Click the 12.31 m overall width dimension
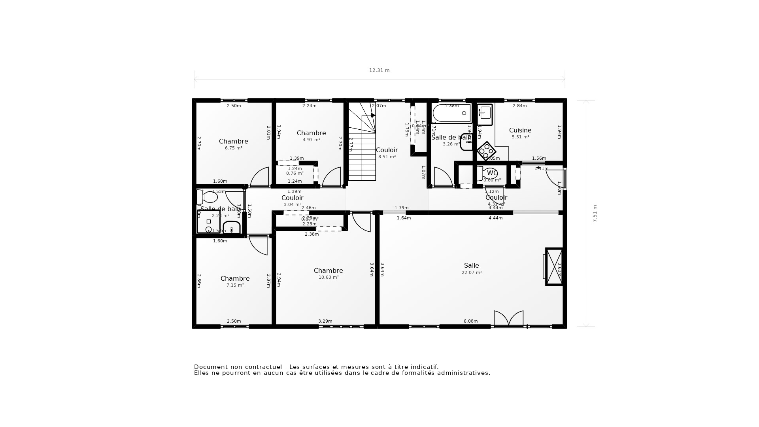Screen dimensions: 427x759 coord(379,70)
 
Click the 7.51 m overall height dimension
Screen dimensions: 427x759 coord(595,213)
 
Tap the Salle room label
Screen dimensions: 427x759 coord(471,266)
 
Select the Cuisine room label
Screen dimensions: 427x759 coord(520,130)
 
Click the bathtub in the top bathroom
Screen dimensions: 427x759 coord(452,113)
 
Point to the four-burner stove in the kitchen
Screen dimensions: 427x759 coord(486,151)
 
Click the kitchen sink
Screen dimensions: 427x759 coord(485,114)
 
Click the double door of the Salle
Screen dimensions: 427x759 coord(508,319)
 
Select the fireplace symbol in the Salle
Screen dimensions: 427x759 coord(553,266)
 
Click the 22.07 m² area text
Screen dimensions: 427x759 coord(472,272)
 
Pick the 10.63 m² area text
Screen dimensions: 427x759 coord(329,278)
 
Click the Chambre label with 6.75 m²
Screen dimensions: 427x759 coord(233,142)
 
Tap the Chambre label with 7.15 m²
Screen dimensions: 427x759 coord(235,279)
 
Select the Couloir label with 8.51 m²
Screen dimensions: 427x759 coord(387,150)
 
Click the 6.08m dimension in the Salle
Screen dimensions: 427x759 coord(470,321)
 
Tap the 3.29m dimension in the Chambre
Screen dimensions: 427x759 coord(325,321)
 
